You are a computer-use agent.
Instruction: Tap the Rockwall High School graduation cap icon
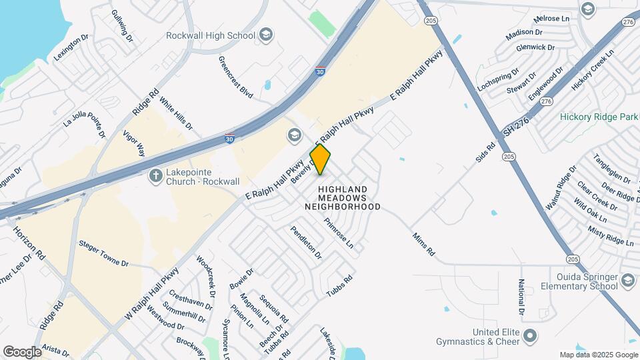(265, 35)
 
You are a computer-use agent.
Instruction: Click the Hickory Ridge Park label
(599, 117)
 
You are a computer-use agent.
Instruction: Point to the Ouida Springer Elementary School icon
(627, 281)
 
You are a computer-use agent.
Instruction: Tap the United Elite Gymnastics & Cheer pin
(529, 335)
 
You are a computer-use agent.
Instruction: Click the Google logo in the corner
(22, 352)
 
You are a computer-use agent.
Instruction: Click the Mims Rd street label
(423, 245)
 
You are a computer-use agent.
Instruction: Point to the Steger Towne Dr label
(103, 253)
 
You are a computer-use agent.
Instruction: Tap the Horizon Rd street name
(29, 242)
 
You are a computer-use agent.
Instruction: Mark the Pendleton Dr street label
(305, 242)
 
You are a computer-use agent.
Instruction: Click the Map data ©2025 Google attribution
(599, 355)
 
